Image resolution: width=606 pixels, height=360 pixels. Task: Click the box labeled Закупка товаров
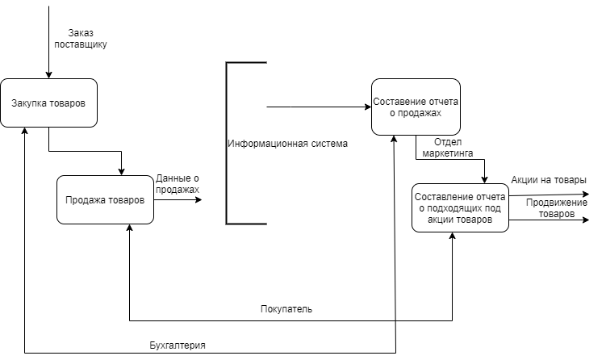point(48,103)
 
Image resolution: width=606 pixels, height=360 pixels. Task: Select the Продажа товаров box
point(105,199)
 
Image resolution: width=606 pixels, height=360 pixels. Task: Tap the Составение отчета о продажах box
point(416,107)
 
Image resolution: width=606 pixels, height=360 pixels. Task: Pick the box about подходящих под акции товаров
point(460,208)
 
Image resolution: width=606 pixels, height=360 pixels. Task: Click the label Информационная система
point(287,144)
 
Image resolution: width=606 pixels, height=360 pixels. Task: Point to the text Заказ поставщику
point(80,39)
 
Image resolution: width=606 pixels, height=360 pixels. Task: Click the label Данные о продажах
point(178,183)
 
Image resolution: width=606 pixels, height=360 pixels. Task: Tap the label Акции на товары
point(549,180)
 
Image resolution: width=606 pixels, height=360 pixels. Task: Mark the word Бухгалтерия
point(178,345)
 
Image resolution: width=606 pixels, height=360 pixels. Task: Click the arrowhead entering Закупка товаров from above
point(48,74)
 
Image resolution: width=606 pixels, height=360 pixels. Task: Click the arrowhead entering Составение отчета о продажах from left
point(366,107)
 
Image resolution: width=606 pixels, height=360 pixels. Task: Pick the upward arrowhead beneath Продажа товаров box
point(129,229)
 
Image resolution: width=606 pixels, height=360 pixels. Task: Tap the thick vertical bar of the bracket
point(227,142)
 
